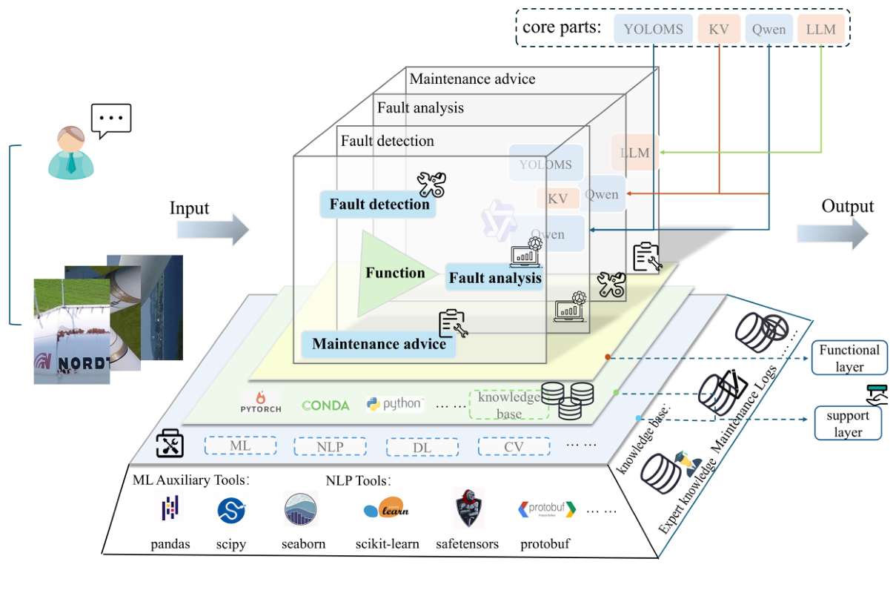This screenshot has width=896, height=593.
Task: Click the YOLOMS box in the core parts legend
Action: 654,30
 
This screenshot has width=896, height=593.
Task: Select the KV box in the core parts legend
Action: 718,30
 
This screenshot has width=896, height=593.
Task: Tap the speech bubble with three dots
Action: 111,119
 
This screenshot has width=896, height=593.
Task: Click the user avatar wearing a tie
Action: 70,153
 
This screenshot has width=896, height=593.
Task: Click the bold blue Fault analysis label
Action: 494,279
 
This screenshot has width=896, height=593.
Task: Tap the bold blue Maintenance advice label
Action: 379,344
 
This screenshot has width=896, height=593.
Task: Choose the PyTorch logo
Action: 261,402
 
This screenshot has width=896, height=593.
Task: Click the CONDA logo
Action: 326,405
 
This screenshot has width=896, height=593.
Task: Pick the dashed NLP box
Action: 330,447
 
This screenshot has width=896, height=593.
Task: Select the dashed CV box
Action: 514,446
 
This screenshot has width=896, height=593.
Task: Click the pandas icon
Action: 170,508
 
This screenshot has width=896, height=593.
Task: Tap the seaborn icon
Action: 301,509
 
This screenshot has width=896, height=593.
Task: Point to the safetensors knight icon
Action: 468,508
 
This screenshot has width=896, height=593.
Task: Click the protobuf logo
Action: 546,509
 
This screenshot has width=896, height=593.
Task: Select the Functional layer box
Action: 849,358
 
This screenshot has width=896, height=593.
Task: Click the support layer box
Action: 848,423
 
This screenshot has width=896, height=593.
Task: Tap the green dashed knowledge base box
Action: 508,405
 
